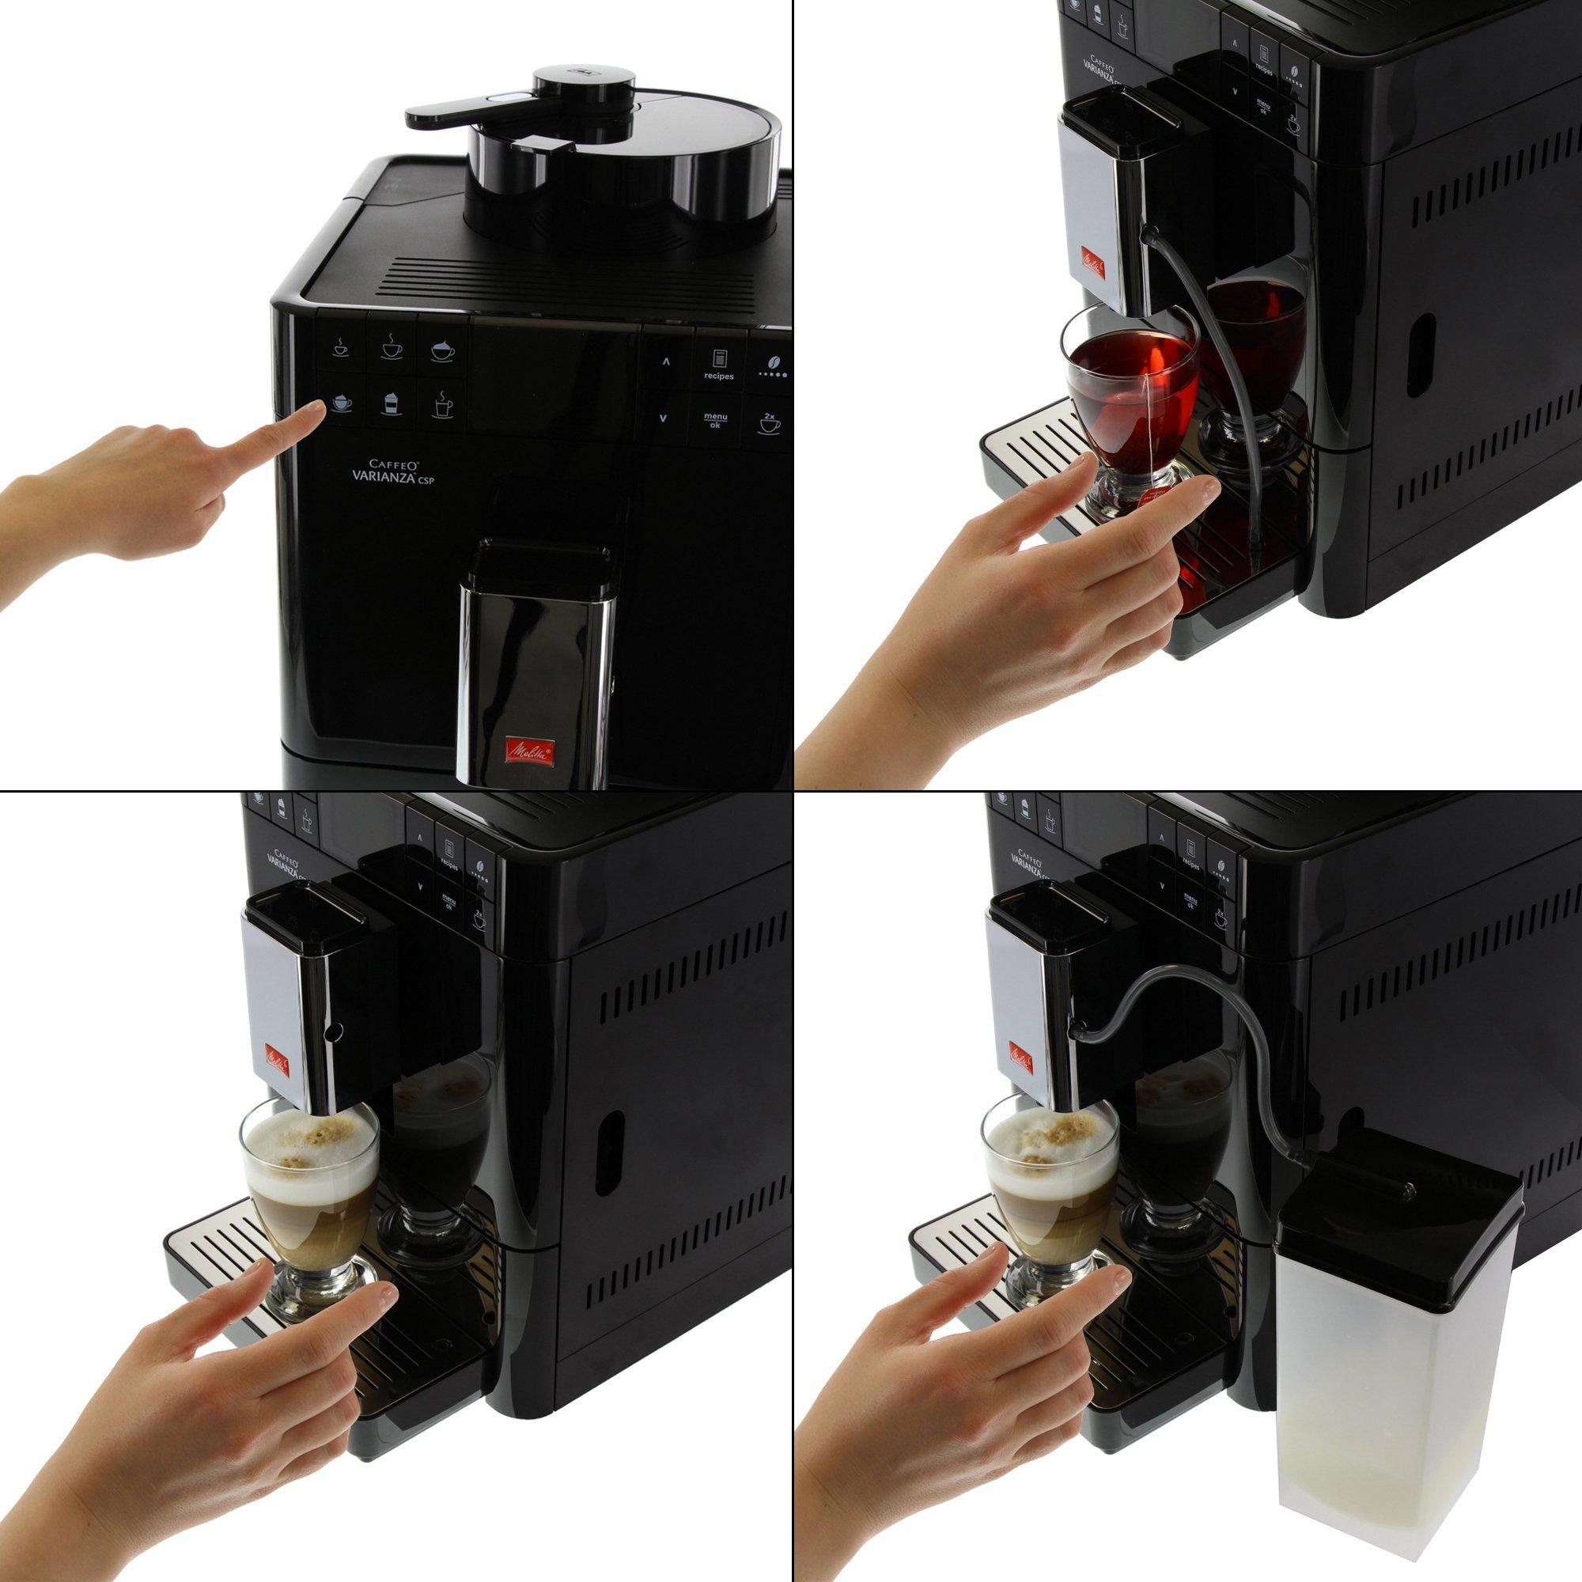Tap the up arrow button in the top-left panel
(x=665, y=360)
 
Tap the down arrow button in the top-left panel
(x=664, y=418)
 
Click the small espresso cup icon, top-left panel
(x=339, y=346)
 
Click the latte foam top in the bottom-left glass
(x=307, y=1141)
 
